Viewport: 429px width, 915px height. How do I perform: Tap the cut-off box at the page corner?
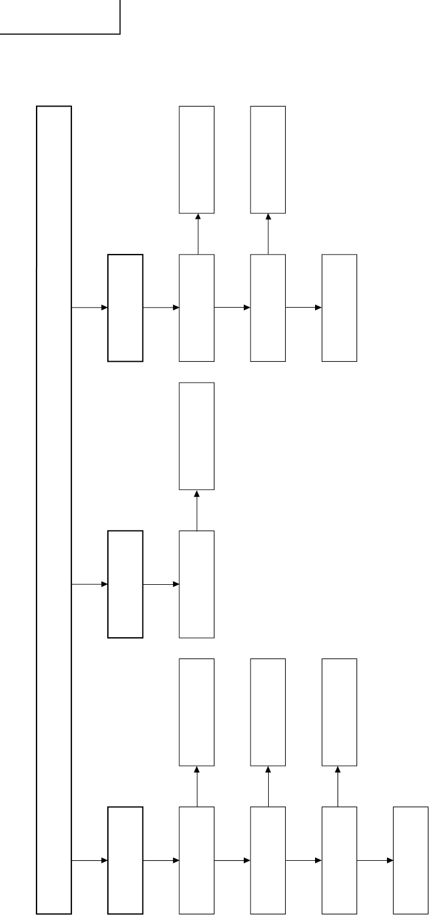point(60,16)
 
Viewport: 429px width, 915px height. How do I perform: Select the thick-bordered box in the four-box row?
point(125,308)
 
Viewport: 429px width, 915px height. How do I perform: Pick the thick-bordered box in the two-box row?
point(125,584)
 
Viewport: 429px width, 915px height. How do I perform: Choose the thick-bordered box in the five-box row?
point(125,860)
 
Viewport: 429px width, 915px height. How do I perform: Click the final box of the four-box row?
point(339,308)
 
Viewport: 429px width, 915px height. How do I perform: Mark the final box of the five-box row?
point(410,860)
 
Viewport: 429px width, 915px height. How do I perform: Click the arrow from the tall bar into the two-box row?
point(90,584)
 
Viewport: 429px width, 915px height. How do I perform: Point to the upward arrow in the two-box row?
point(197,510)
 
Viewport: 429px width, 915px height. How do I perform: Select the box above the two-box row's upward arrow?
point(197,436)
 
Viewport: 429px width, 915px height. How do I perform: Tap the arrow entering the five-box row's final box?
point(375,860)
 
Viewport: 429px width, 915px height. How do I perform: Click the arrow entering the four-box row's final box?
point(303,308)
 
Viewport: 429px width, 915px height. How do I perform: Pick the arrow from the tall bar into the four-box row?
point(90,308)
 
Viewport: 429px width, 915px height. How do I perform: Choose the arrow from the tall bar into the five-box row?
point(90,860)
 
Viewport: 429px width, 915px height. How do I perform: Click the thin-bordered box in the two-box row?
point(197,584)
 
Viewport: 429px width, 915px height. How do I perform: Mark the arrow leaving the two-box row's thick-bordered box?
point(161,584)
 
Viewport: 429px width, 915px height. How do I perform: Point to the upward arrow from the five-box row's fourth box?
point(339,786)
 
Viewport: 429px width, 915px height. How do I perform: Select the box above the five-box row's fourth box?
point(339,712)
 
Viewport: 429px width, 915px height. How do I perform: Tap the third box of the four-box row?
point(268,308)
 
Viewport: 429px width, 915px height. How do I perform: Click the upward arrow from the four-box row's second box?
point(197,233)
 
